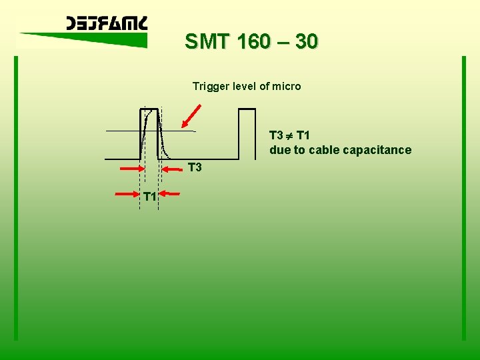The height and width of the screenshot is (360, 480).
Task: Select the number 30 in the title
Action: (306, 42)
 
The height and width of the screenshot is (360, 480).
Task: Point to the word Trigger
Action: (211, 86)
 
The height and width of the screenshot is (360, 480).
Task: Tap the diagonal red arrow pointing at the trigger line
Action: (191, 115)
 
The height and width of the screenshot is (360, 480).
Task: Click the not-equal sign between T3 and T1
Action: (290, 135)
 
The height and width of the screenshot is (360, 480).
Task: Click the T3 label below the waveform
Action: (195, 167)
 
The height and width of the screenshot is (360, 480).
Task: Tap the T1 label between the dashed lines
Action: (149, 196)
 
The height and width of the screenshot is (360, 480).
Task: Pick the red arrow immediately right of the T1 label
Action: (171, 194)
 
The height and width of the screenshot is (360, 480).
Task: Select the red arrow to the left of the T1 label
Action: (127, 194)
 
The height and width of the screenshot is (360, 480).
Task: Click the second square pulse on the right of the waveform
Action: (247, 133)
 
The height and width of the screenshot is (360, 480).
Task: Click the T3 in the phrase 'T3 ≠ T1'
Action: (277, 135)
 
